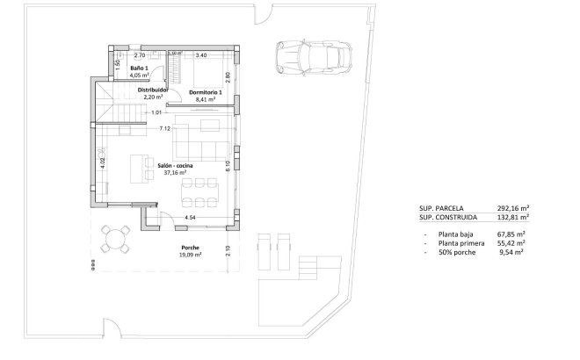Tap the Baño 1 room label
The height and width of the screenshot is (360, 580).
click(x=139, y=68)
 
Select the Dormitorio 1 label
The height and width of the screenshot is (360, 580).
click(x=207, y=93)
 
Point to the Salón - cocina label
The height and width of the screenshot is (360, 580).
click(x=175, y=165)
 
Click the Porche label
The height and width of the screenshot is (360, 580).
click(x=191, y=248)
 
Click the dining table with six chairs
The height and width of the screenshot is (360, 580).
click(x=200, y=191)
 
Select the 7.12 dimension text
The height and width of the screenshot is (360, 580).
click(x=164, y=129)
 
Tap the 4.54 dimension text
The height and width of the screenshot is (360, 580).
click(x=190, y=217)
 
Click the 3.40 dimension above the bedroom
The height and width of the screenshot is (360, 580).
click(x=200, y=55)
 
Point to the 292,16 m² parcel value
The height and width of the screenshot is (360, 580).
click(x=509, y=209)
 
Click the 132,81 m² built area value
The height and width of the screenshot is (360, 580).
click(x=509, y=217)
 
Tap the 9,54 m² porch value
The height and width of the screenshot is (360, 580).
click(x=511, y=252)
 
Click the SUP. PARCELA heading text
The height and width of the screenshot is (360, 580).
click(x=442, y=209)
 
